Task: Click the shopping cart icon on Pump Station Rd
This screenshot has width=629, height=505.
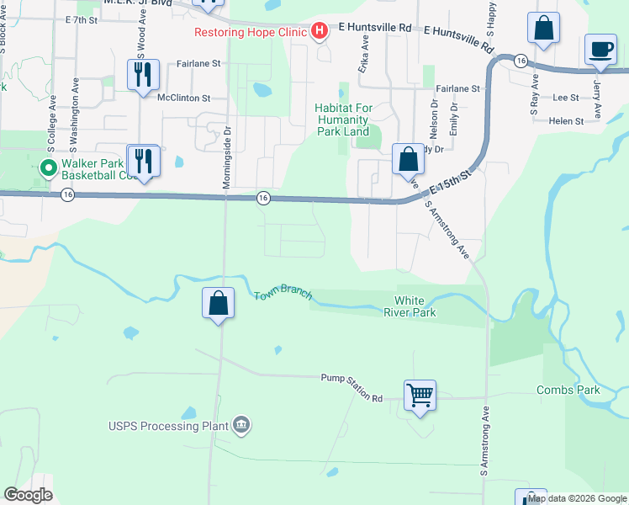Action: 420,393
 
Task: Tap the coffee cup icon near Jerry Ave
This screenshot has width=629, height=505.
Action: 600,50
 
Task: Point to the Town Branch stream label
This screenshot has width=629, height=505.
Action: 283,295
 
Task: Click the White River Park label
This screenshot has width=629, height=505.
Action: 415,306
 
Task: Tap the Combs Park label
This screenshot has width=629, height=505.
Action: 568,390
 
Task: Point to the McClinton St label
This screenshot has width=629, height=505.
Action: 183,98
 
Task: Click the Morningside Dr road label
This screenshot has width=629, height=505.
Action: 226,158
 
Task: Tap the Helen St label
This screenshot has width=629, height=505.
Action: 566,121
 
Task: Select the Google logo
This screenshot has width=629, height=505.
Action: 28,495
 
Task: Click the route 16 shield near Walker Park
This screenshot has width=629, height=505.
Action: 68,194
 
